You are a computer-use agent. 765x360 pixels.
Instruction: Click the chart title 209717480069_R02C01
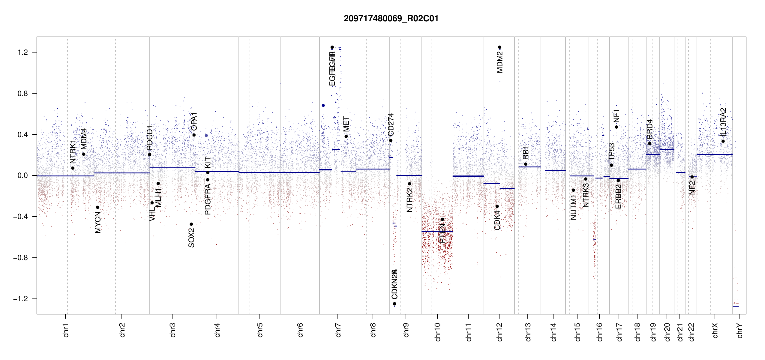point(391,19)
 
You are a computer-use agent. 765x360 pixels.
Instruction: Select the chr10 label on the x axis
point(437,332)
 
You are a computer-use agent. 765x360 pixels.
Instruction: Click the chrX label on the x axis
point(715,331)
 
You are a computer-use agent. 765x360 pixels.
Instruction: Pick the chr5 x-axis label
point(259,330)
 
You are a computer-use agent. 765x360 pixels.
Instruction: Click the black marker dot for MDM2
point(499,47)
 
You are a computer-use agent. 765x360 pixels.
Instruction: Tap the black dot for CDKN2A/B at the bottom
point(394,304)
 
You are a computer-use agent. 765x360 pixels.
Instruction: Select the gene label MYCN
point(98,222)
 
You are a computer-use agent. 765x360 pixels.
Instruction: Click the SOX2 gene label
point(191,238)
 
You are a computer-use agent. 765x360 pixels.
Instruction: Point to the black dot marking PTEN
point(442,219)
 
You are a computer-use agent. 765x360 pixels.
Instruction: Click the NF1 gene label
point(616,116)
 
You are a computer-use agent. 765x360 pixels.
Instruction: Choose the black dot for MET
point(346,136)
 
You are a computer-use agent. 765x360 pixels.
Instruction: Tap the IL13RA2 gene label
point(723,121)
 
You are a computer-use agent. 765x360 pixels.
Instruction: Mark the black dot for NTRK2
point(409,184)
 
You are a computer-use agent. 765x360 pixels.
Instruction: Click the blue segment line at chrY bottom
point(736,306)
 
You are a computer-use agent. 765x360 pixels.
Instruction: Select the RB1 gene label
point(526,153)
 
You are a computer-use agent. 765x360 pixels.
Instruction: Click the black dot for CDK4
point(497,206)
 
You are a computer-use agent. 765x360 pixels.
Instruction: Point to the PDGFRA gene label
point(208,199)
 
